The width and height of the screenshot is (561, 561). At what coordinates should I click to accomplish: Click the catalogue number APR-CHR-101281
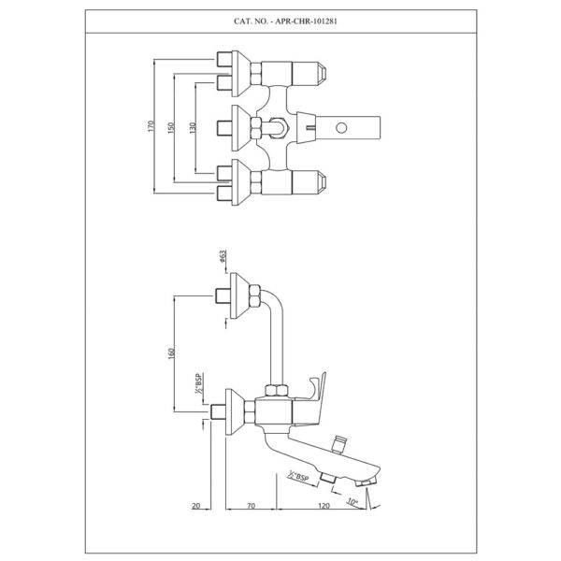tap(307, 22)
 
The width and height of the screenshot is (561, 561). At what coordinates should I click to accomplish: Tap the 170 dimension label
tap(151, 126)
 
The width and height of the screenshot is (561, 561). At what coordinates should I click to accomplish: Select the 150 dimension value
tap(171, 128)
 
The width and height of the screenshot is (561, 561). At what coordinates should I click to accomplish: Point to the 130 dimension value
tap(193, 128)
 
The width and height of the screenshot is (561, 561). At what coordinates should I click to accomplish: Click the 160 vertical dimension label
tap(172, 353)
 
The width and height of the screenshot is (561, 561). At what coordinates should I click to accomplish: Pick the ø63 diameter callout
tap(223, 257)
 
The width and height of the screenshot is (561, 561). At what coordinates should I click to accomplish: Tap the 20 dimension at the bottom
tap(196, 506)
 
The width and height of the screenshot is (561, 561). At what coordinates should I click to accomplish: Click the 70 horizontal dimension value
tap(252, 506)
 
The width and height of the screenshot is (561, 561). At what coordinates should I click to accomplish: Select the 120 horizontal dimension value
tap(324, 506)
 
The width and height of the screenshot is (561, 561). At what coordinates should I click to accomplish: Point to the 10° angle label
tap(352, 502)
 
